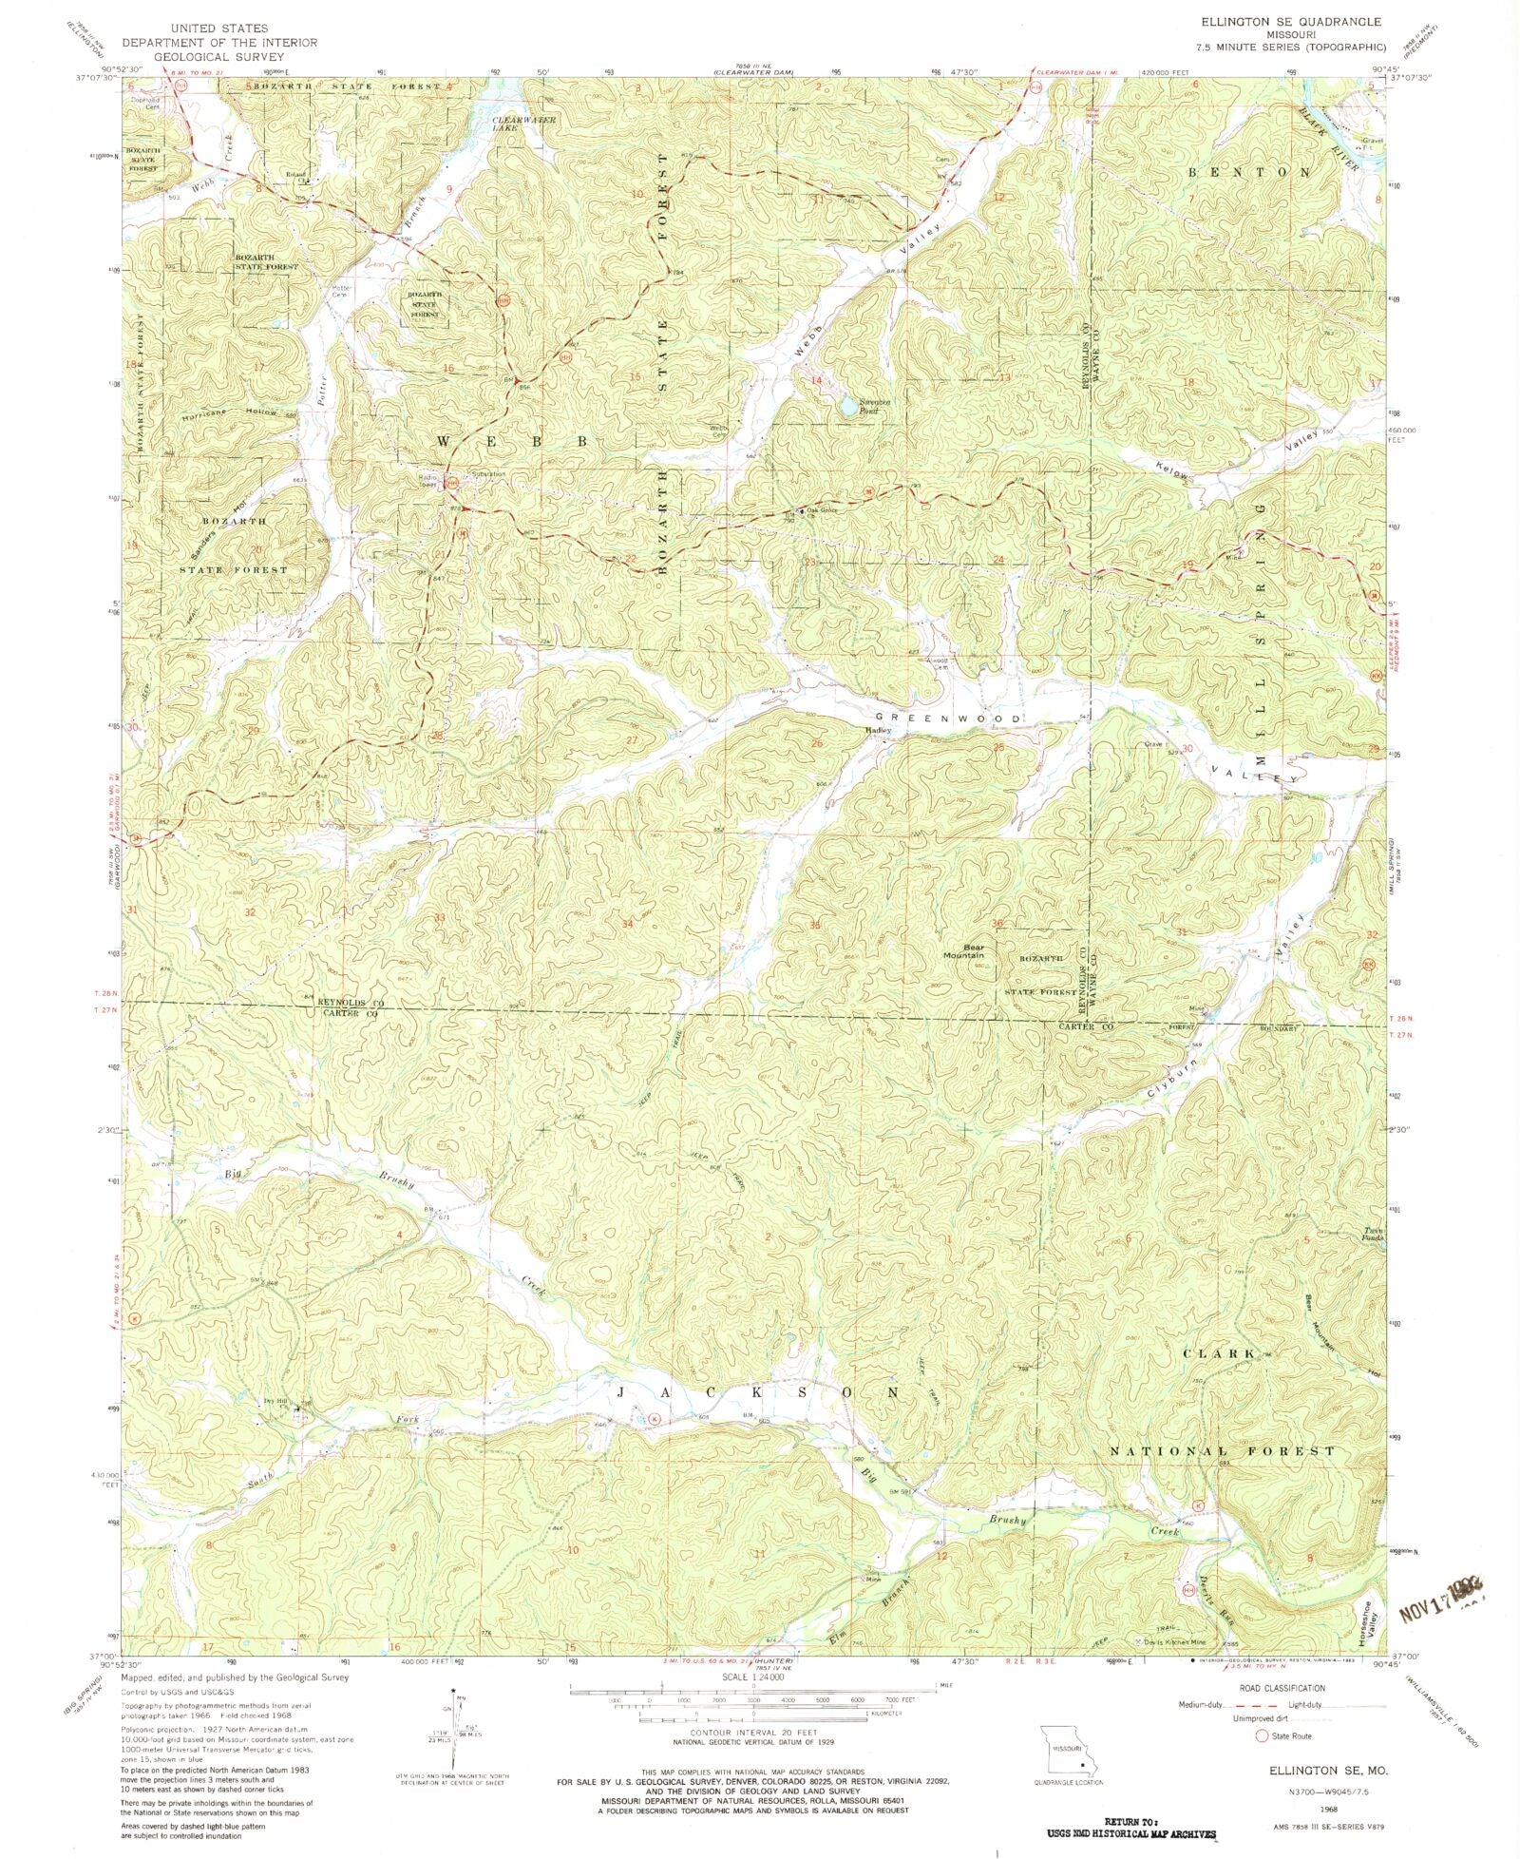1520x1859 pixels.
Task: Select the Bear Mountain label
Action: tap(963, 950)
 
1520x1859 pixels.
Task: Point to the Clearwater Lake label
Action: tap(523, 125)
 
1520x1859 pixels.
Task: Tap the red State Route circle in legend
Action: tap(1263, 1736)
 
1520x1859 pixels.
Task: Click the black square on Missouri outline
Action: tap(1081, 1764)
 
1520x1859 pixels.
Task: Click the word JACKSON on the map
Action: tap(757, 1392)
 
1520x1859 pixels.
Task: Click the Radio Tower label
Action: tap(431, 480)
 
